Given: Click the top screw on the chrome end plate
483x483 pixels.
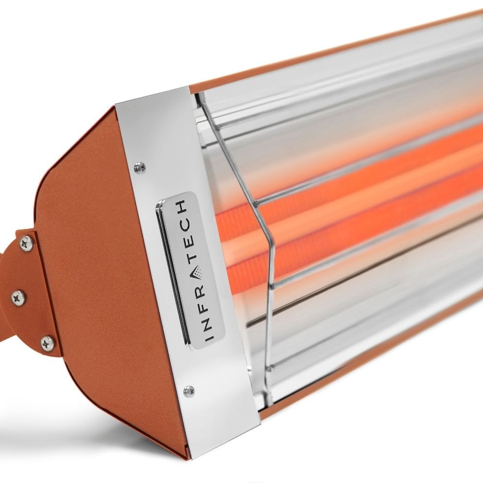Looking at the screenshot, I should [x=140, y=168].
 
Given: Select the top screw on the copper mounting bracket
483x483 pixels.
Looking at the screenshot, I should [x=27, y=243].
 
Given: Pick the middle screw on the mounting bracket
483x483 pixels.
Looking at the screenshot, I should [x=18, y=298].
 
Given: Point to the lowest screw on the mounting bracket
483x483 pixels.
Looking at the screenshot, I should [x=48, y=343].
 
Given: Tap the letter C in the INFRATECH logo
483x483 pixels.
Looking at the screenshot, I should [x=186, y=225].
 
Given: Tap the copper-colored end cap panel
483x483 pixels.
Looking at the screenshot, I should [x=97, y=290].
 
